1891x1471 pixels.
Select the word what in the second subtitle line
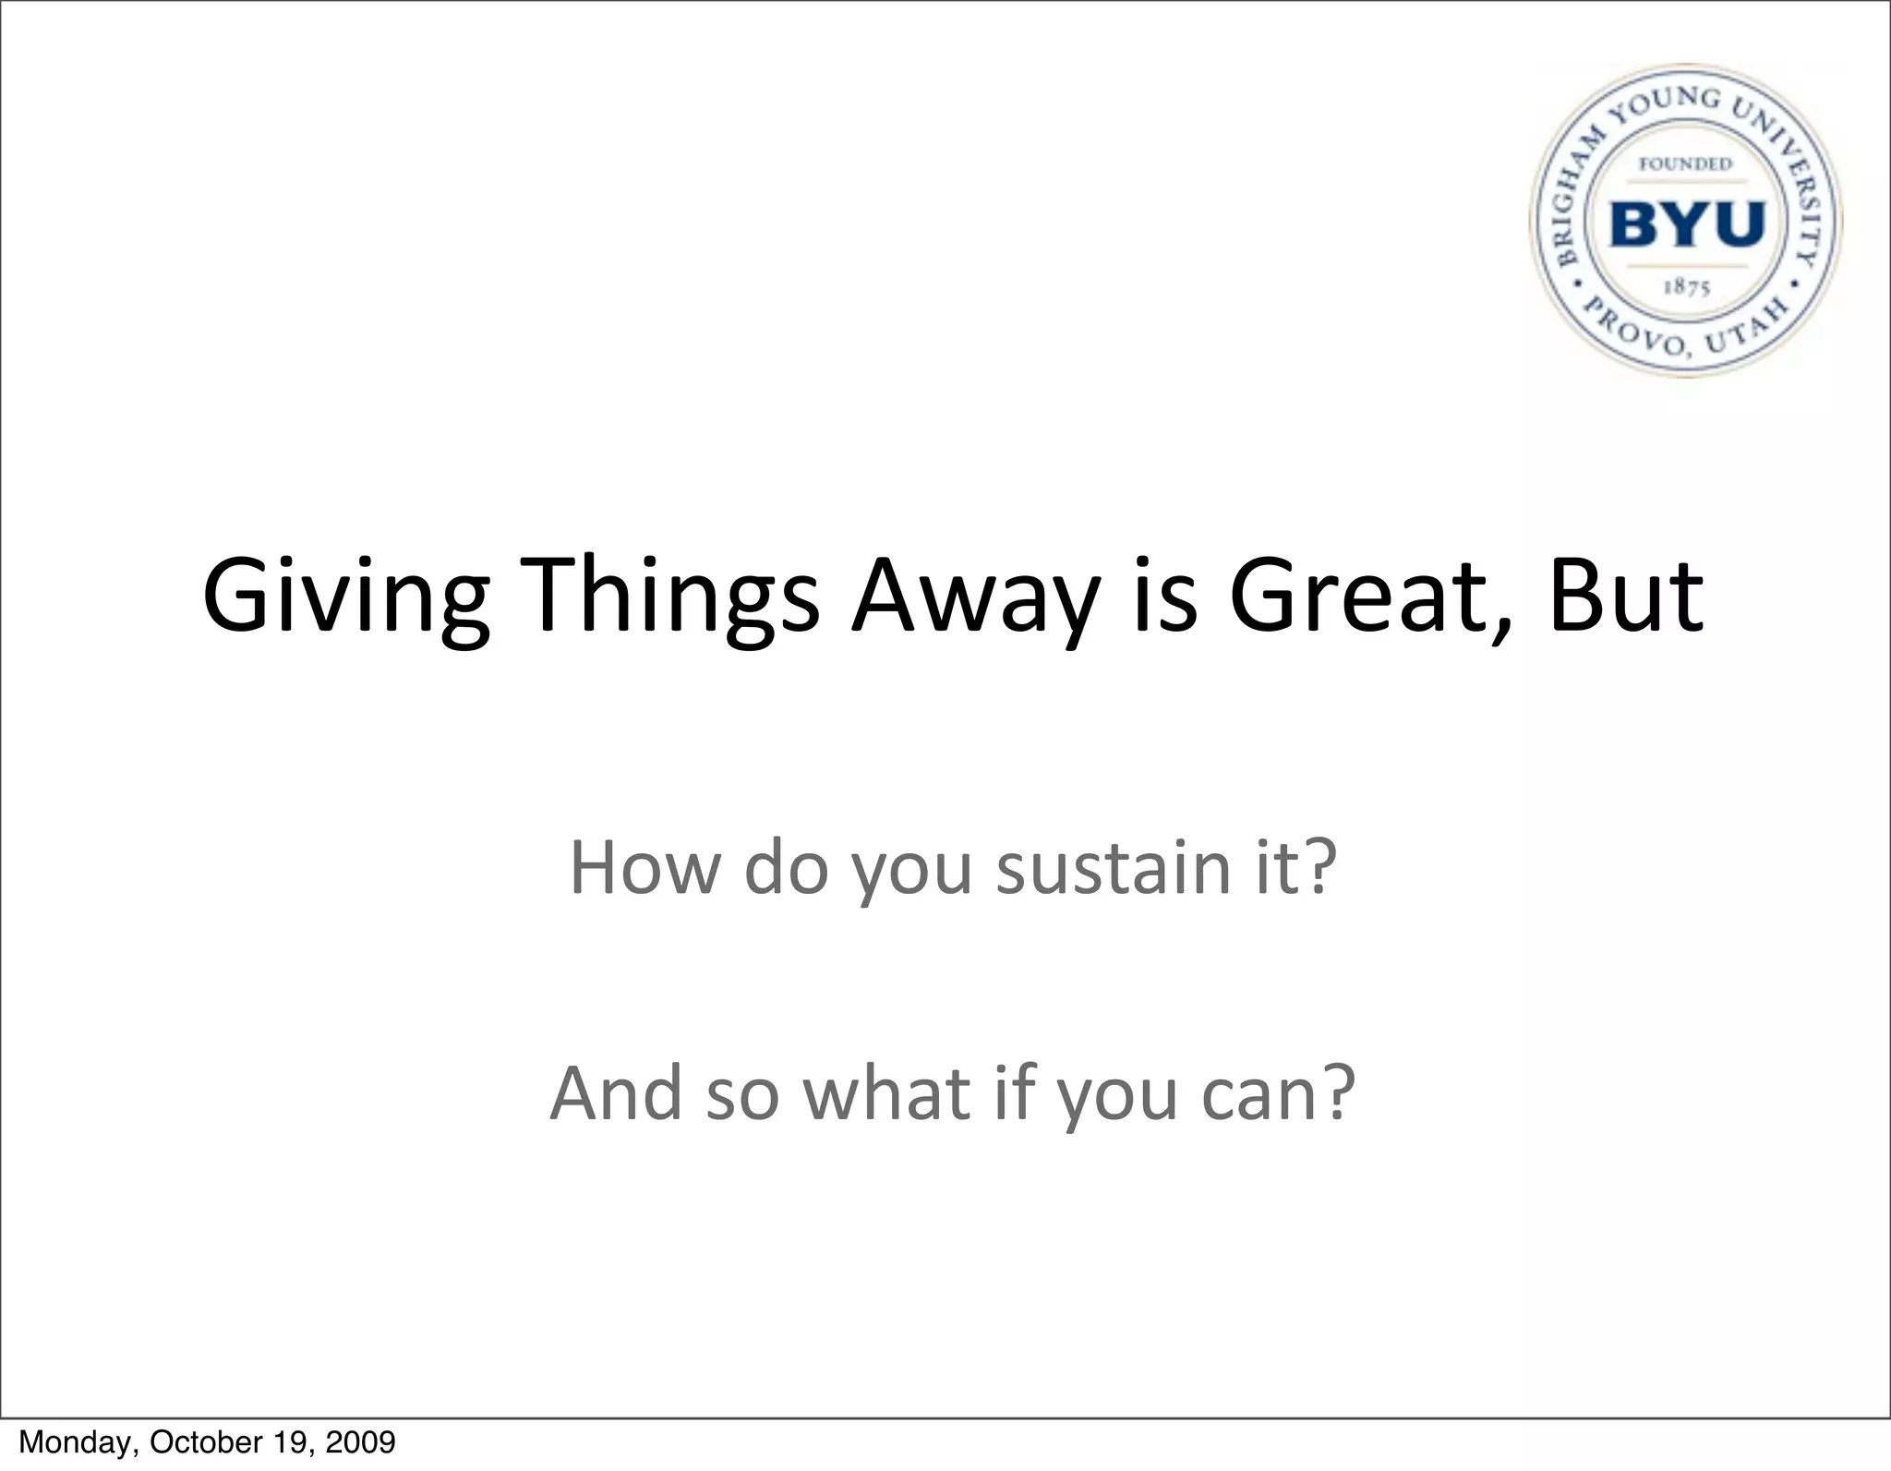click(x=887, y=1094)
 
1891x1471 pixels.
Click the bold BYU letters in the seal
click(x=1687, y=224)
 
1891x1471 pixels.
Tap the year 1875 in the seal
click(x=1687, y=287)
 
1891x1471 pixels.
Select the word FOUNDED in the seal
click(x=1685, y=164)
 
